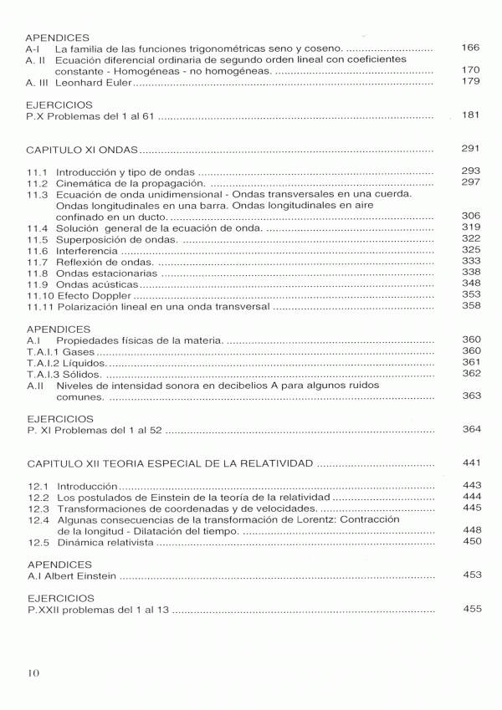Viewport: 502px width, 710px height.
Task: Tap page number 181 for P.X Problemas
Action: coord(471,115)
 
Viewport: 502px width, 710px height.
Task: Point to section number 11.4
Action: coord(37,227)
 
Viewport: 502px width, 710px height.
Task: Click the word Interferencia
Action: coord(88,250)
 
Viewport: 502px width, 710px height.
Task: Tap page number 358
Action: coord(471,305)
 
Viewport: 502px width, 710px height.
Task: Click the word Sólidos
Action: coord(78,375)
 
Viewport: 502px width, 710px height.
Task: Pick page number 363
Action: coord(471,396)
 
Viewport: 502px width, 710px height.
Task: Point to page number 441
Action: coord(471,462)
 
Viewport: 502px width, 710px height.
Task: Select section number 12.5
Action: coord(38,542)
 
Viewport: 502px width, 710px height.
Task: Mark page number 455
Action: coord(471,608)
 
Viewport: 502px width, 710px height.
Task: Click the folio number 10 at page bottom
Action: coord(33,673)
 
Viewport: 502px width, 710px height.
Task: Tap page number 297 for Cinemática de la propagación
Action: coord(471,182)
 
